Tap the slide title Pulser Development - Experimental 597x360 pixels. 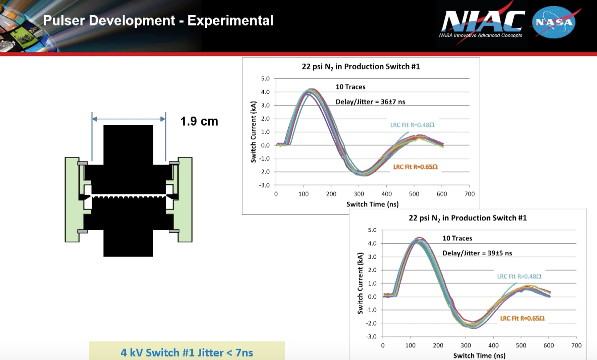pos(158,20)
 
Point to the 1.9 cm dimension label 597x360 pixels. pos(199,121)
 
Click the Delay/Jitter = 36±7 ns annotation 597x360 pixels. pos(370,102)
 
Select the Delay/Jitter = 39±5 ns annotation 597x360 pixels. pos(477,253)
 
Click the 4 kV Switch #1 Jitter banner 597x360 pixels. pos(186,352)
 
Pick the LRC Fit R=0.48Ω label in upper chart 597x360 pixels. pos(412,125)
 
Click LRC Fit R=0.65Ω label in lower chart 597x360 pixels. pos(522,318)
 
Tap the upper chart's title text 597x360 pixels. pos(361,67)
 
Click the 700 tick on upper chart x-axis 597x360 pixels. pos(469,194)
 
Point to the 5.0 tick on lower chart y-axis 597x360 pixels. pos(372,230)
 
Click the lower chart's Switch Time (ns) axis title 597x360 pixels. pos(479,356)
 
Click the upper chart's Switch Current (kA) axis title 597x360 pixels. pos(253,132)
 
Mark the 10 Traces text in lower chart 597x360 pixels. pos(457,238)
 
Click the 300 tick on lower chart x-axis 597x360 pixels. pos(466,345)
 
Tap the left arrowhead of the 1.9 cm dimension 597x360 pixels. pos(95,119)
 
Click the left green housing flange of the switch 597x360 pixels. pos(71,200)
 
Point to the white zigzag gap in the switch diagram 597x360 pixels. pos(128,196)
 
